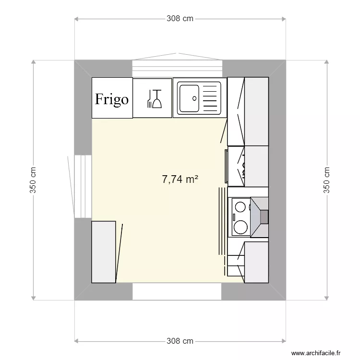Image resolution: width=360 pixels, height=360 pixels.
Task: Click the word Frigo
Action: tap(112, 99)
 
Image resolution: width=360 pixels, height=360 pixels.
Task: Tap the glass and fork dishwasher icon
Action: tap(153, 98)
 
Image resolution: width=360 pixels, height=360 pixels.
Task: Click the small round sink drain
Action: tap(194, 98)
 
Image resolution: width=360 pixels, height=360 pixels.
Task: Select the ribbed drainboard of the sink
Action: tap(210, 98)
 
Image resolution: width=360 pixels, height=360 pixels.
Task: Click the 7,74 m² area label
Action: tap(180, 180)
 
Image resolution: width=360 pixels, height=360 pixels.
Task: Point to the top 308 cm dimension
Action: tap(180, 19)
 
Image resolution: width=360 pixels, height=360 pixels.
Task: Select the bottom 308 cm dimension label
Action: tap(180, 341)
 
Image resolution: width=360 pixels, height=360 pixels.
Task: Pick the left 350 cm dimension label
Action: tap(33, 180)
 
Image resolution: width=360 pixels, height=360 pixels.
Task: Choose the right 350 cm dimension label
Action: tap(327, 180)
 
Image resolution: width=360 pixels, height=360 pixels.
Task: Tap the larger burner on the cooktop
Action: tap(240, 226)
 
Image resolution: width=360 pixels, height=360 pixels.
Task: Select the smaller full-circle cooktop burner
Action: tap(240, 207)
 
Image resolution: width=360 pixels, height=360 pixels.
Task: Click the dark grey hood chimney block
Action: tap(264, 217)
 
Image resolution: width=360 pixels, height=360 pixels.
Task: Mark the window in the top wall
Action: tap(177, 67)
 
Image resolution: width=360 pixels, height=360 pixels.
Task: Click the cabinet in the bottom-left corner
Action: tap(104, 252)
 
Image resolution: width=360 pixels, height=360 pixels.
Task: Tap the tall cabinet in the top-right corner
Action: tap(256, 111)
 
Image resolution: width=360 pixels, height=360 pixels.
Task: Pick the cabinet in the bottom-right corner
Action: tap(256, 262)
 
